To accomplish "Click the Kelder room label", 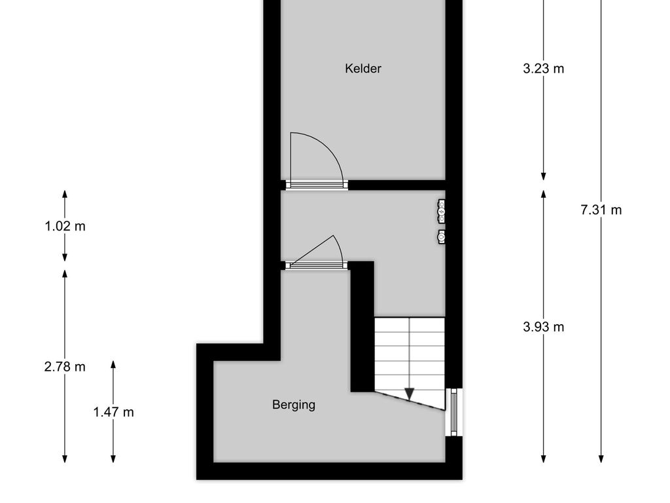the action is (362, 68).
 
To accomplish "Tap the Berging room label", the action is (294, 405).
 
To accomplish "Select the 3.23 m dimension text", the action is (543, 68).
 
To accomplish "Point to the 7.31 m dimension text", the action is (601, 210).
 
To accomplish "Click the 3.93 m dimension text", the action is (543, 327).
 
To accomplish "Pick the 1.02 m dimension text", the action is (65, 226).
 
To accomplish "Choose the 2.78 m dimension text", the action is (65, 367).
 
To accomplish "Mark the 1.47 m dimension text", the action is (113, 413).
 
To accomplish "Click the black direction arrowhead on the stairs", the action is (410, 394).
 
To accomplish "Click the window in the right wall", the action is (454, 412).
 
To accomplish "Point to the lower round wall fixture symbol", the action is (442, 236).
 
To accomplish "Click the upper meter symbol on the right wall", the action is (442, 211).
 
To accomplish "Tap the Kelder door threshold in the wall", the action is (317, 185).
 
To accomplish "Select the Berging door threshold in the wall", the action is (317, 266).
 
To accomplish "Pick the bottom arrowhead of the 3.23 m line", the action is (544, 176).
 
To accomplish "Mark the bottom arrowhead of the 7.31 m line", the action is (601, 458).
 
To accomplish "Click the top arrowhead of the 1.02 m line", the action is (65, 194).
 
